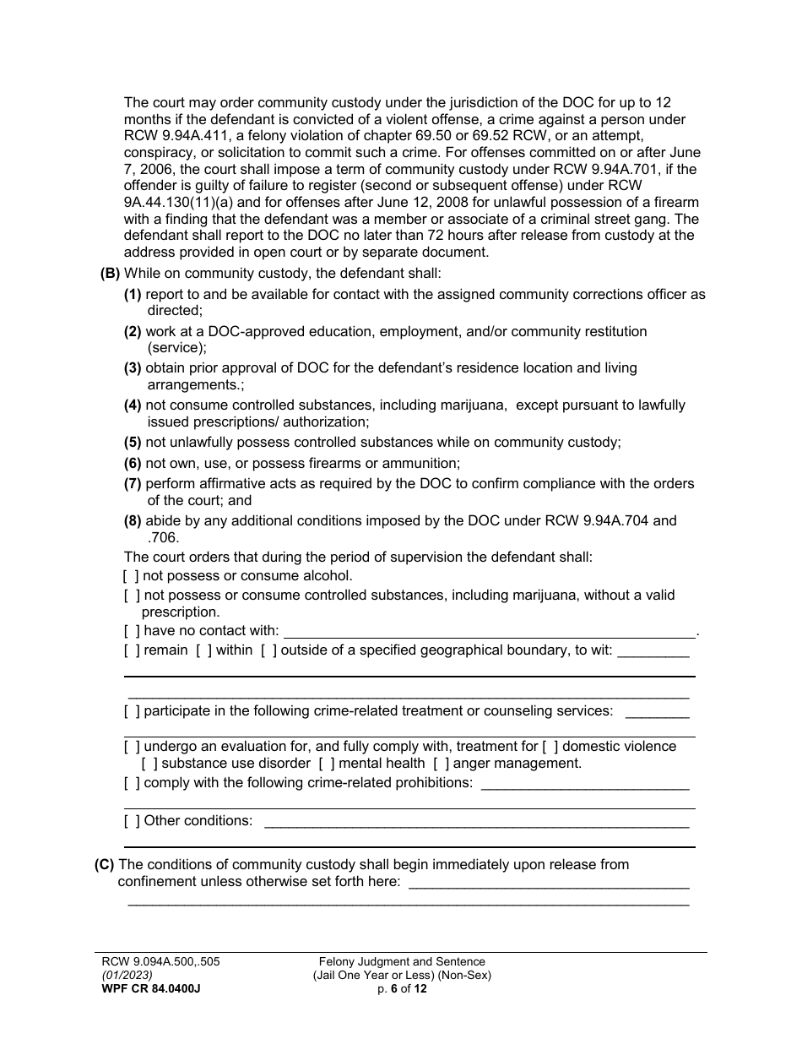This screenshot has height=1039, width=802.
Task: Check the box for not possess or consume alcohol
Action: pyautogui.click(x=131, y=576)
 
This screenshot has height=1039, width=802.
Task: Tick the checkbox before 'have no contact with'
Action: pyautogui.click(x=131, y=630)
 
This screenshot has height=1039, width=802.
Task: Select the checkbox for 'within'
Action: pyautogui.click(x=203, y=650)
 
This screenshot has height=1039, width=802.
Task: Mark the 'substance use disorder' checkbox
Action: pyautogui.click(x=149, y=764)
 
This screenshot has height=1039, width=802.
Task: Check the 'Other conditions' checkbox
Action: pyautogui.click(x=132, y=820)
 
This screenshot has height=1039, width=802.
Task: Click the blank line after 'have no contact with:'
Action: pyautogui.click(x=489, y=632)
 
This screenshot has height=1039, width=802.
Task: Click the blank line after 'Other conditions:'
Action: pyautogui.click(x=477, y=822)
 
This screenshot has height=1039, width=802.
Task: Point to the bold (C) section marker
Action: pyautogui.click(x=105, y=864)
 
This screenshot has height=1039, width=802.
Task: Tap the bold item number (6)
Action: pyautogui.click(x=133, y=463)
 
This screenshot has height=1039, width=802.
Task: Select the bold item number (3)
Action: pyautogui.click(x=133, y=368)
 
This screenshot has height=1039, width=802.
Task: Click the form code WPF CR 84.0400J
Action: pyautogui.click(x=148, y=989)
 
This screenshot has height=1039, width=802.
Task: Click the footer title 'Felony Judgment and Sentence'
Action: pyautogui.click(x=402, y=961)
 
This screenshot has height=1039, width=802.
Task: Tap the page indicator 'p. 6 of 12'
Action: pyautogui.click(x=402, y=989)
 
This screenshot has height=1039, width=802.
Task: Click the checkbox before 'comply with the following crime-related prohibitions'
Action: pyautogui.click(x=132, y=783)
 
